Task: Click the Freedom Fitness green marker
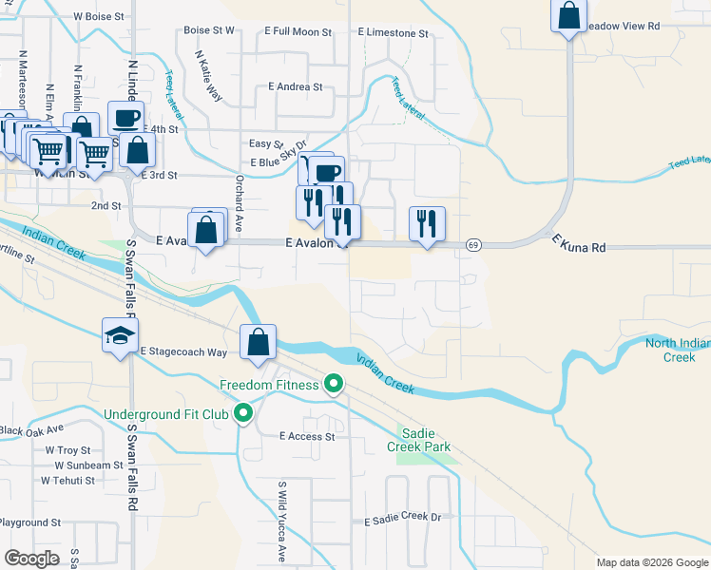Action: point(333,385)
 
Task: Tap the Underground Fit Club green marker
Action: point(243,413)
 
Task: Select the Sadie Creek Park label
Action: point(418,439)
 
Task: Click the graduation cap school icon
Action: point(122,335)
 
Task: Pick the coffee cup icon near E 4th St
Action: point(125,118)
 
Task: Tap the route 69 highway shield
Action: point(472,245)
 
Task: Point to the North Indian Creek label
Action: point(679,350)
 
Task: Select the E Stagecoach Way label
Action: point(183,352)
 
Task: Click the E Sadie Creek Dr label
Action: point(404,520)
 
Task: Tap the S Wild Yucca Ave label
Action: point(282,522)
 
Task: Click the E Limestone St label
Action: point(394,32)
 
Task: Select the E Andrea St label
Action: point(296,86)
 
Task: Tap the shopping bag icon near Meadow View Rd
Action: point(568,16)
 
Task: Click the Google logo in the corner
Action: point(31,559)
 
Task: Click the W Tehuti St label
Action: point(68,481)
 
